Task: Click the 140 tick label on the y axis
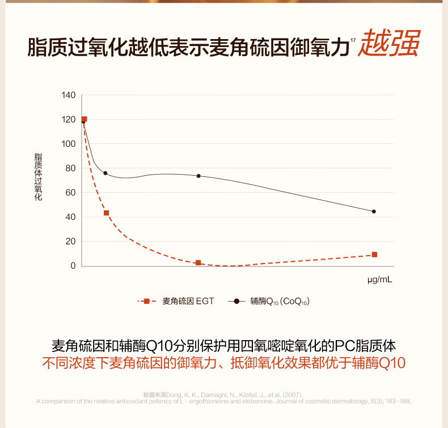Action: coord(69,95)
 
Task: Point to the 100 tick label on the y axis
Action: coord(69,144)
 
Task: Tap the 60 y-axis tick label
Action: coord(70,193)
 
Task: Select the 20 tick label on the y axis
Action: coord(70,241)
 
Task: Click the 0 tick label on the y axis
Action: coord(73,266)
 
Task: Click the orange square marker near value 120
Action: coord(84,120)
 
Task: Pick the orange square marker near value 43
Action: coord(106,213)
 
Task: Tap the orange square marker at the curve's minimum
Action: coord(198,263)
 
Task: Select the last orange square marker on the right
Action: coord(374,255)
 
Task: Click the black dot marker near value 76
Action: coord(105,173)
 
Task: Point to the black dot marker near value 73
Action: coord(198,176)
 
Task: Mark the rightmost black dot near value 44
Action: coord(374,211)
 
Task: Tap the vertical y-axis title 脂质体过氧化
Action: coord(38,177)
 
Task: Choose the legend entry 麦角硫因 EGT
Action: coord(188,302)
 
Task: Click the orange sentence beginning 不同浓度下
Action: coord(225,363)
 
